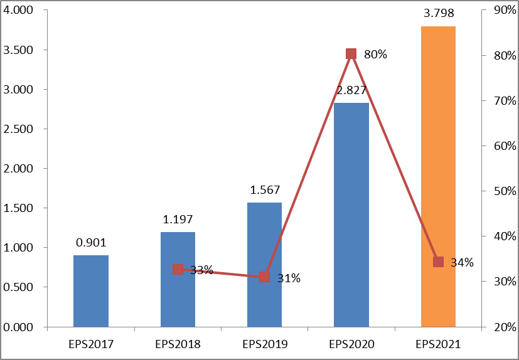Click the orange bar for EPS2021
point(438,176)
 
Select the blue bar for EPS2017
point(91,291)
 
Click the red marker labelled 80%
point(351,54)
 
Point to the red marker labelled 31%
point(264,277)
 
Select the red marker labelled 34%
point(438,262)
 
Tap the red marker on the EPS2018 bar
point(178,269)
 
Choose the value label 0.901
point(91,241)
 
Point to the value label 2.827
point(351,90)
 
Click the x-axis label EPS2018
point(178,344)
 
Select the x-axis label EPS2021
point(438,344)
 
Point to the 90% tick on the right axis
point(500,11)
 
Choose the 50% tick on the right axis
point(500,191)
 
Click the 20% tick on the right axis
point(500,327)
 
